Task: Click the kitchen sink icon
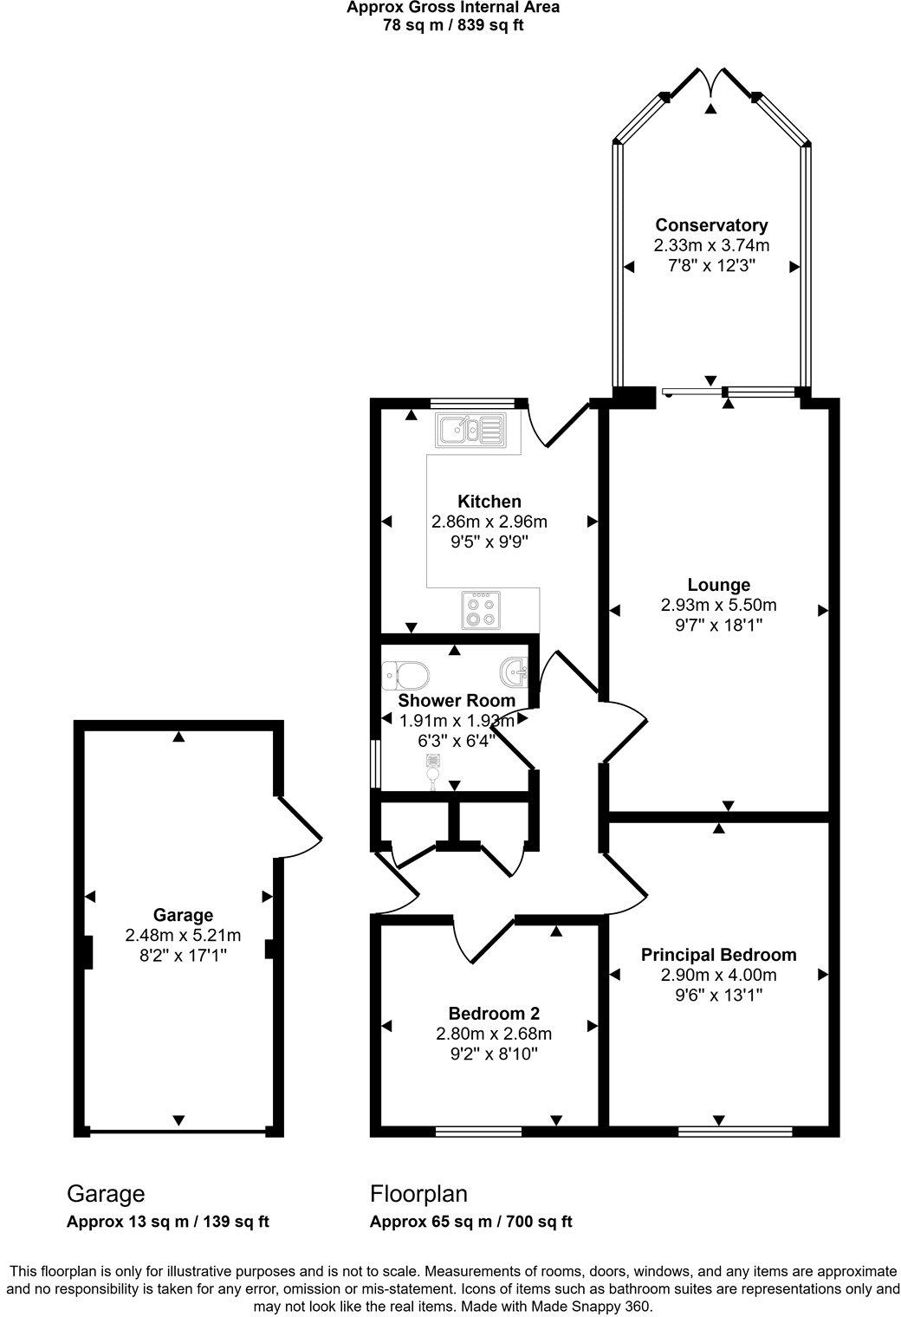point(470,429)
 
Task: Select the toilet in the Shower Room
point(405,674)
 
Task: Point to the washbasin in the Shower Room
point(515,671)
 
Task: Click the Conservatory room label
point(711,225)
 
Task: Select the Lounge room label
point(718,585)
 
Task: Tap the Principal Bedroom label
point(718,955)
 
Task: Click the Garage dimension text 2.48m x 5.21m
point(183,935)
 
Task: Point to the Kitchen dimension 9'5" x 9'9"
point(489,542)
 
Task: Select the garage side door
point(299,827)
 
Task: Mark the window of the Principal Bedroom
point(735,1131)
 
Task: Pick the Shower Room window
point(373,764)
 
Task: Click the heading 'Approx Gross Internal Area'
point(452,8)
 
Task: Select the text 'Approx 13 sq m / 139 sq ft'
point(167,1222)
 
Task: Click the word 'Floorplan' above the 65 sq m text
point(418,1194)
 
